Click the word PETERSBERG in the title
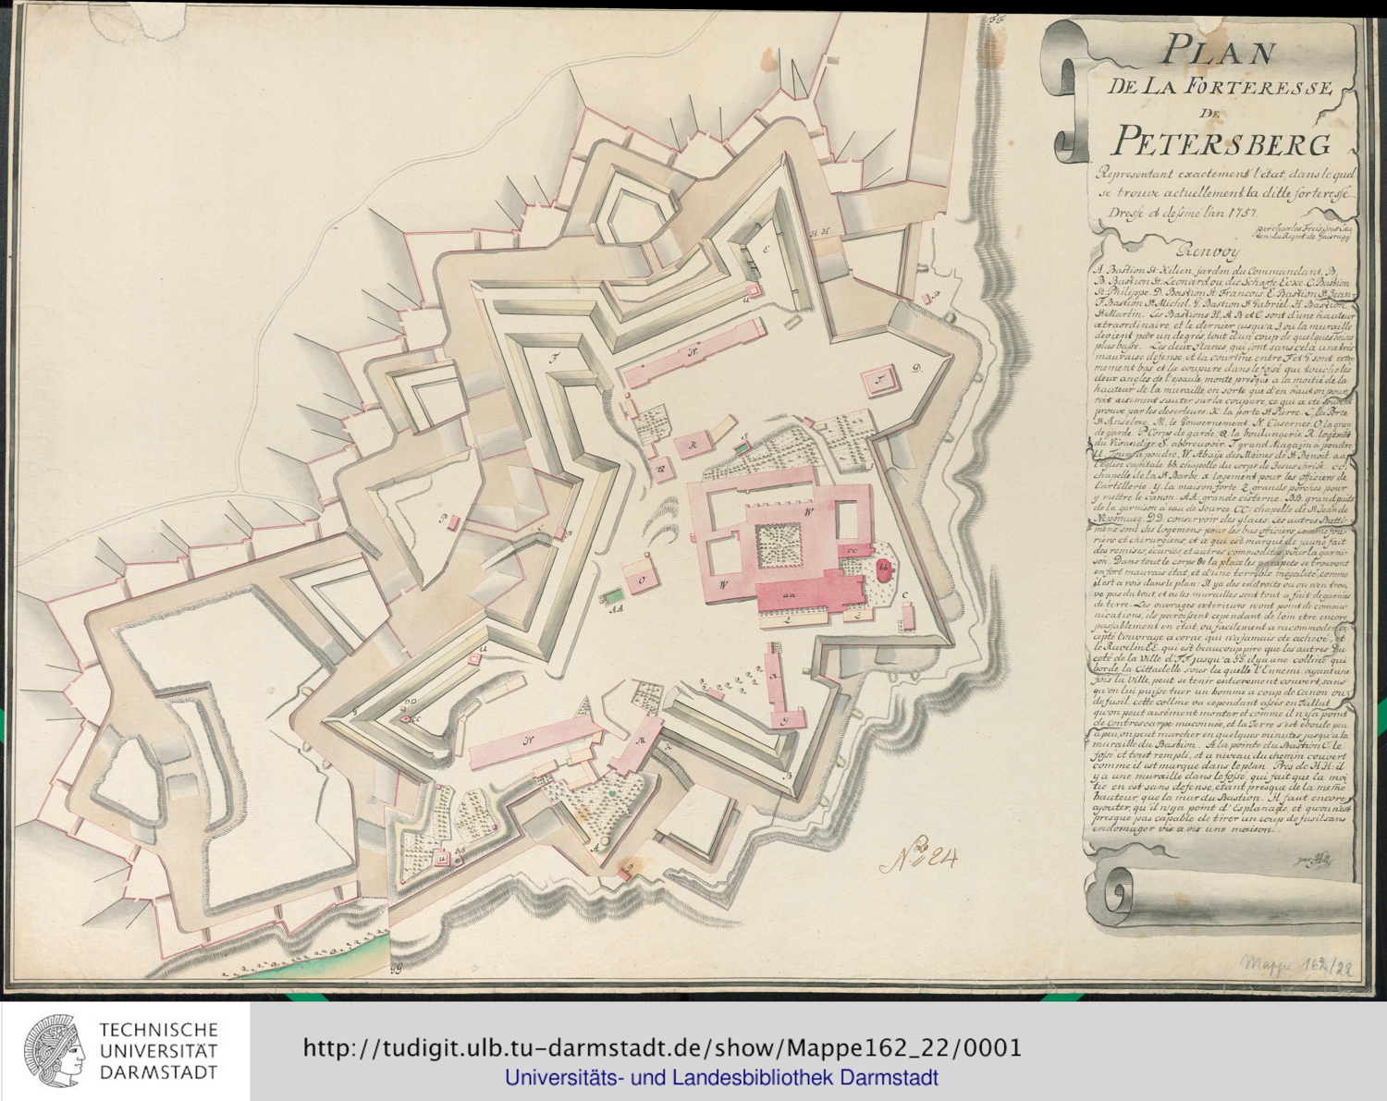1221,141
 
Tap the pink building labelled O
641,580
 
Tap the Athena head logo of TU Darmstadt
55,1051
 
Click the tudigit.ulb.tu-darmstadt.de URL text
662,1047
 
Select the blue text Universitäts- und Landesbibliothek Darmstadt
721,1078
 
